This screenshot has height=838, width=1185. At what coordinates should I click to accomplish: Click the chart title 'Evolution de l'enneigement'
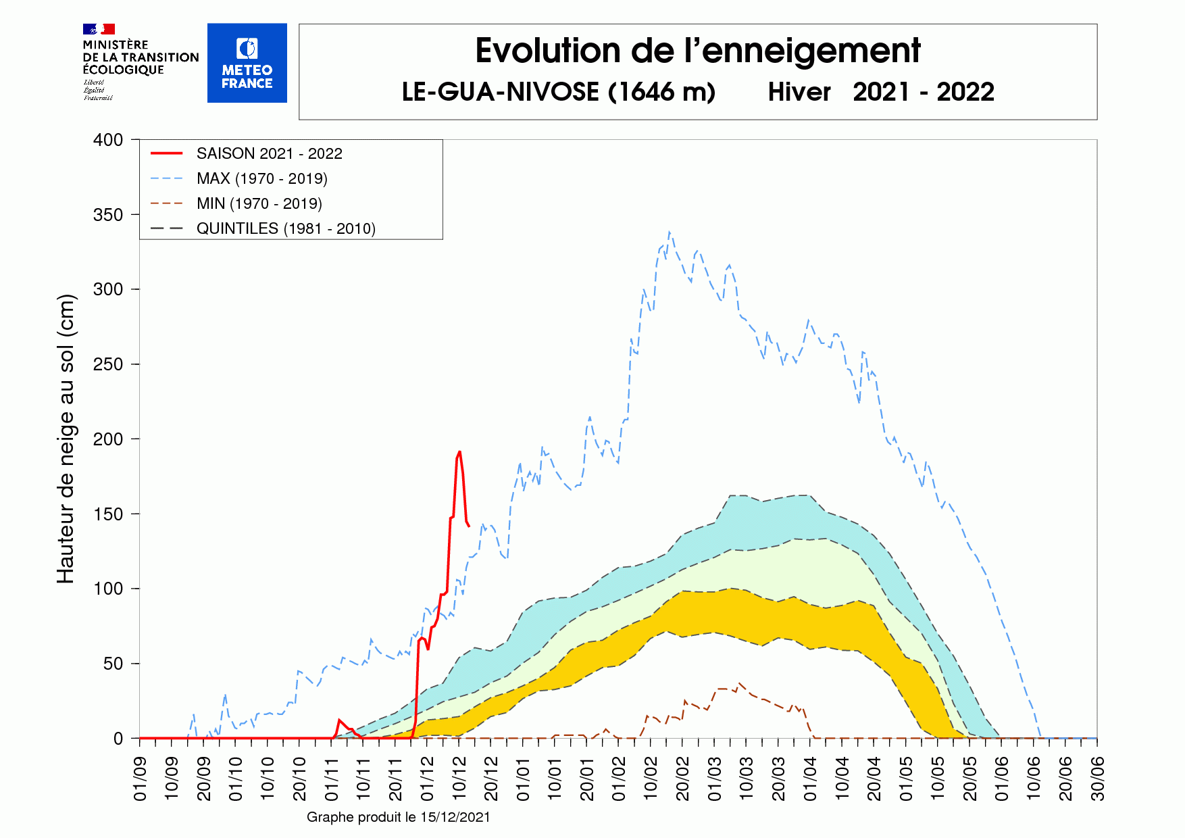click(x=697, y=51)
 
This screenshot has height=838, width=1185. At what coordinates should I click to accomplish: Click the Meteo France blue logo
click(x=247, y=63)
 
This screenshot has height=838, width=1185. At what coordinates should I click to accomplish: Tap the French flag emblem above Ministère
click(x=99, y=29)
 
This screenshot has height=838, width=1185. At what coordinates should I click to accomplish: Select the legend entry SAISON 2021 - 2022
click(x=269, y=153)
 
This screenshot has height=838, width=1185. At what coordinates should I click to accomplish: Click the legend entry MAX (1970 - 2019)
click(x=261, y=178)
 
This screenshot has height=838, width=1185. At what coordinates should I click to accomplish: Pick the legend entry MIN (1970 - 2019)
click(x=259, y=203)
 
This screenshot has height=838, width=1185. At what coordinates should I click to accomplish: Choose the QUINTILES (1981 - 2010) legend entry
click(x=285, y=228)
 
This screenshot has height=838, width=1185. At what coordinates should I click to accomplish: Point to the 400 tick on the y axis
click(x=108, y=140)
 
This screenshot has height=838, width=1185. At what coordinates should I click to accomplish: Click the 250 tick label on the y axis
click(x=108, y=364)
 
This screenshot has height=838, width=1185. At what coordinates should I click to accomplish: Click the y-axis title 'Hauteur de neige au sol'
click(x=66, y=439)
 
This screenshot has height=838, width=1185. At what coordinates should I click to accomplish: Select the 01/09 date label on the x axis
click(x=141, y=779)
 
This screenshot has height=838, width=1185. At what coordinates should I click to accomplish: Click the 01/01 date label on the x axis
click(x=523, y=779)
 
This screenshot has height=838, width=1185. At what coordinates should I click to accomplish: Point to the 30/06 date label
click(x=1098, y=779)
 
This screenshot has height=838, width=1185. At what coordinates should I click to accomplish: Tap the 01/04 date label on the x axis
click(x=810, y=779)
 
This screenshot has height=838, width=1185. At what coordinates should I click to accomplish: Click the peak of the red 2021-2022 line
click(x=459, y=452)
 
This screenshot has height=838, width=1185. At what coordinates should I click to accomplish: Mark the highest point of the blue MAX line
click(x=669, y=232)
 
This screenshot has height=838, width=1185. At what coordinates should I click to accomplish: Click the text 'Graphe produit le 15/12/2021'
click(x=398, y=817)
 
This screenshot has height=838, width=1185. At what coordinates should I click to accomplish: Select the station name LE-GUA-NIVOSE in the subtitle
click(x=500, y=92)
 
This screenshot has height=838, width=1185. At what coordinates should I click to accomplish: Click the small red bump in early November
click(x=339, y=720)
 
